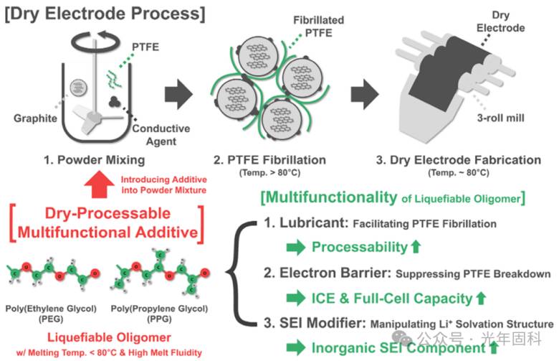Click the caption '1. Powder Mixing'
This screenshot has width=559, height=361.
click(x=95, y=160)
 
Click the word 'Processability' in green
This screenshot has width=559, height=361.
click(x=359, y=247)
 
